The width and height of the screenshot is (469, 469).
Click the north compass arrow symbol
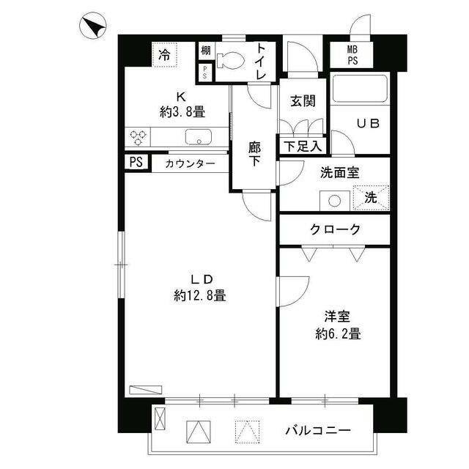(x=91, y=29)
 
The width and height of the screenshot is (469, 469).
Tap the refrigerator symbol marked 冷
(x=166, y=54)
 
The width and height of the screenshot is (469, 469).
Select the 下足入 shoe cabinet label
(x=301, y=146)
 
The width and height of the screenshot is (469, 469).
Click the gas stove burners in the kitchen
(x=139, y=136)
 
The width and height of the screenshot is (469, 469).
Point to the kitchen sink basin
(x=197, y=137)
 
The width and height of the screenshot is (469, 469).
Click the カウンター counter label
(x=191, y=163)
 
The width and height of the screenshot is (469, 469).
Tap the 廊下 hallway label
(x=254, y=154)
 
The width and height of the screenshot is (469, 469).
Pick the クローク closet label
(x=335, y=229)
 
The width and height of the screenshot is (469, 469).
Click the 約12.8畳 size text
(x=199, y=296)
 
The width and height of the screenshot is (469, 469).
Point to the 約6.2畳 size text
(x=337, y=334)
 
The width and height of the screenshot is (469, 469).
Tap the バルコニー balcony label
(x=318, y=430)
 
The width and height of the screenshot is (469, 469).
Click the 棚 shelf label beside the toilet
(x=206, y=50)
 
